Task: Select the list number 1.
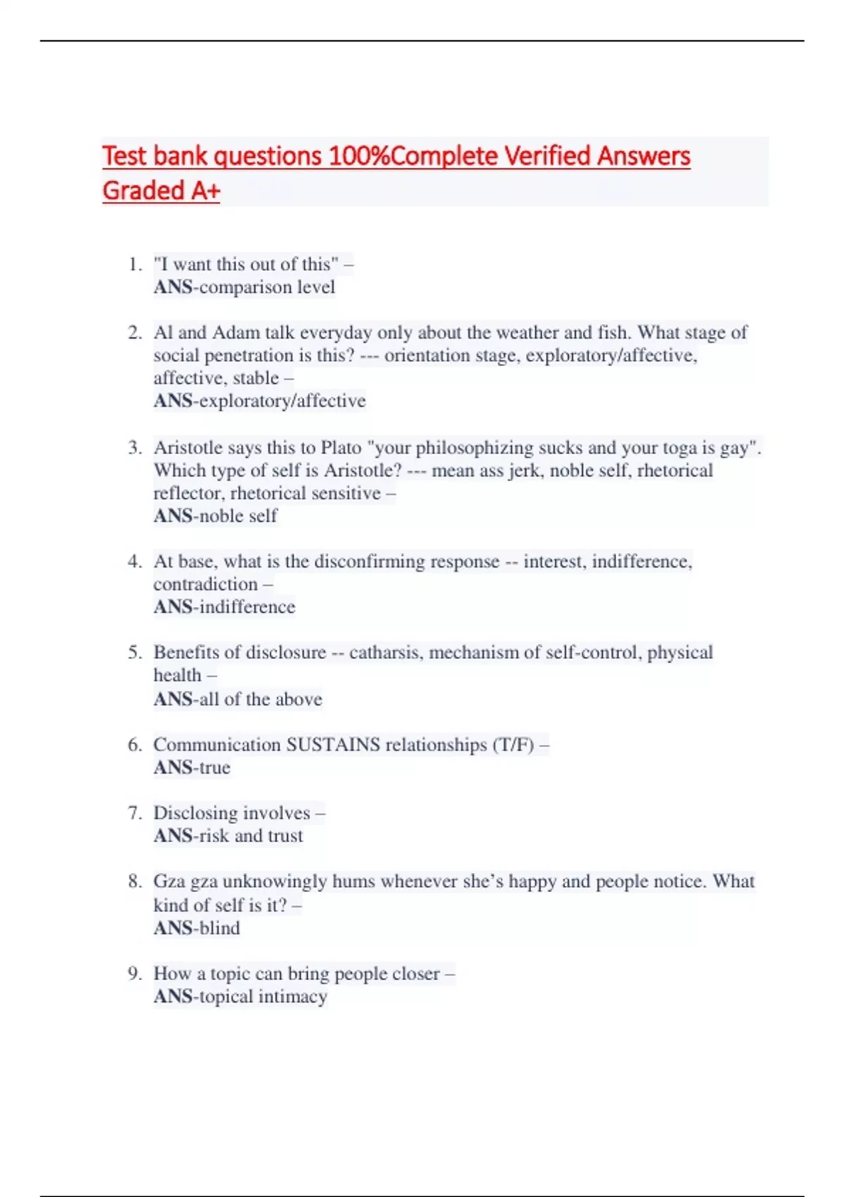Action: pyautogui.click(x=134, y=265)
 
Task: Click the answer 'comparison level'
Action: pyautogui.click(x=267, y=287)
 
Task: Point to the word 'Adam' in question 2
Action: pyautogui.click(x=236, y=332)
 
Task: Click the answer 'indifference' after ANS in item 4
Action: pyautogui.click(x=247, y=607)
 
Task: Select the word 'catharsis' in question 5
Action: pyautogui.click(x=386, y=653)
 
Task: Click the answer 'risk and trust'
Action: pyautogui.click(x=251, y=836)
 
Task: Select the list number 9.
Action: pyautogui.click(x=134, y=974)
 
